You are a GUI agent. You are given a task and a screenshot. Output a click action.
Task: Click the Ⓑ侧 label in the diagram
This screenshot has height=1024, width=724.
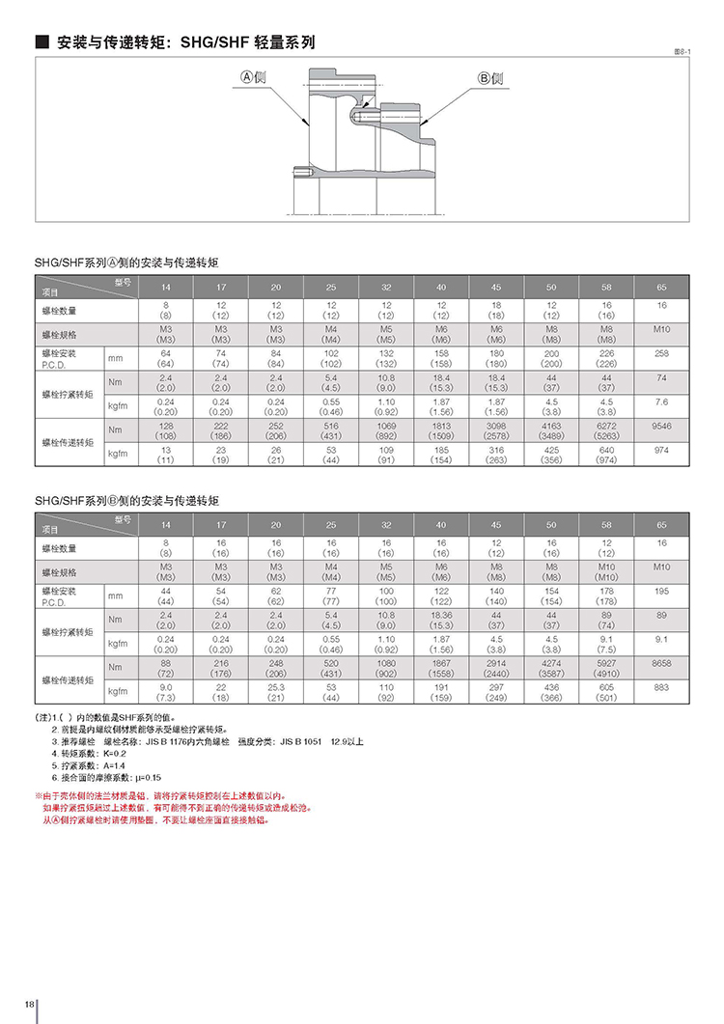click(x=490, y=78)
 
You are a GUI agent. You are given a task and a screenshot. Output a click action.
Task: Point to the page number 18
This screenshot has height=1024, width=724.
click(x=30, y=1006)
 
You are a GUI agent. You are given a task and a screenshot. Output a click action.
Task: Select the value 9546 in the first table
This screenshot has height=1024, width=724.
click(x=661, y=425)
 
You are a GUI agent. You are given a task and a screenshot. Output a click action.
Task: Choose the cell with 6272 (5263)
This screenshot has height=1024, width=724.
click(x=606, y=430)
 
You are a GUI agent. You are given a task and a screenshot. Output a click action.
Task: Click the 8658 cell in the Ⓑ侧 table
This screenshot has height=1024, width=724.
click(x=661, y=665)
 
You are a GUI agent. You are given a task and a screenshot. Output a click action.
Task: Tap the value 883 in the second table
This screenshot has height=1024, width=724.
click(x=661, y=688)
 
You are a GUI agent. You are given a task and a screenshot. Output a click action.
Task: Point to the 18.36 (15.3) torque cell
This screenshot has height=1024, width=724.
click(x=441, y=620)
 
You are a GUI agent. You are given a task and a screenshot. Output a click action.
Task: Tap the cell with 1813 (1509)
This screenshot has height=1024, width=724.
click(x=441, y=430)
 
